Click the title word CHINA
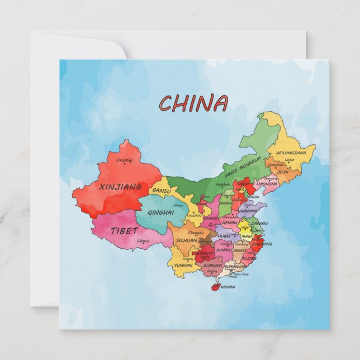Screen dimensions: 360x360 (193, 103)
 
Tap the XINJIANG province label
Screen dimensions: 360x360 (120, 187)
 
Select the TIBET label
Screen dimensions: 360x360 (124, 230)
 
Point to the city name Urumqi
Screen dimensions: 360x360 (125, 160)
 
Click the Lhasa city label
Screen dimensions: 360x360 (143, 241)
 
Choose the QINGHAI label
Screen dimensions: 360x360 (161, 212)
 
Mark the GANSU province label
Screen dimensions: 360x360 (162, 191)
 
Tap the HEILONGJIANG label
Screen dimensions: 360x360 (291, 153)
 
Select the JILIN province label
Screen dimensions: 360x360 (283, 172)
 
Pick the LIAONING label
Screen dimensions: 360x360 (267, 183)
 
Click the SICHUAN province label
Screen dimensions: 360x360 (186, 240)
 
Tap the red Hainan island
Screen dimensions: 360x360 (214, 287)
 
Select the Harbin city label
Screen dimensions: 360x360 (289, 160)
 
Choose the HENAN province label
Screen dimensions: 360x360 (230, 222)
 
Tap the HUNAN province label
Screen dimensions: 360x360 (224, 250)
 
